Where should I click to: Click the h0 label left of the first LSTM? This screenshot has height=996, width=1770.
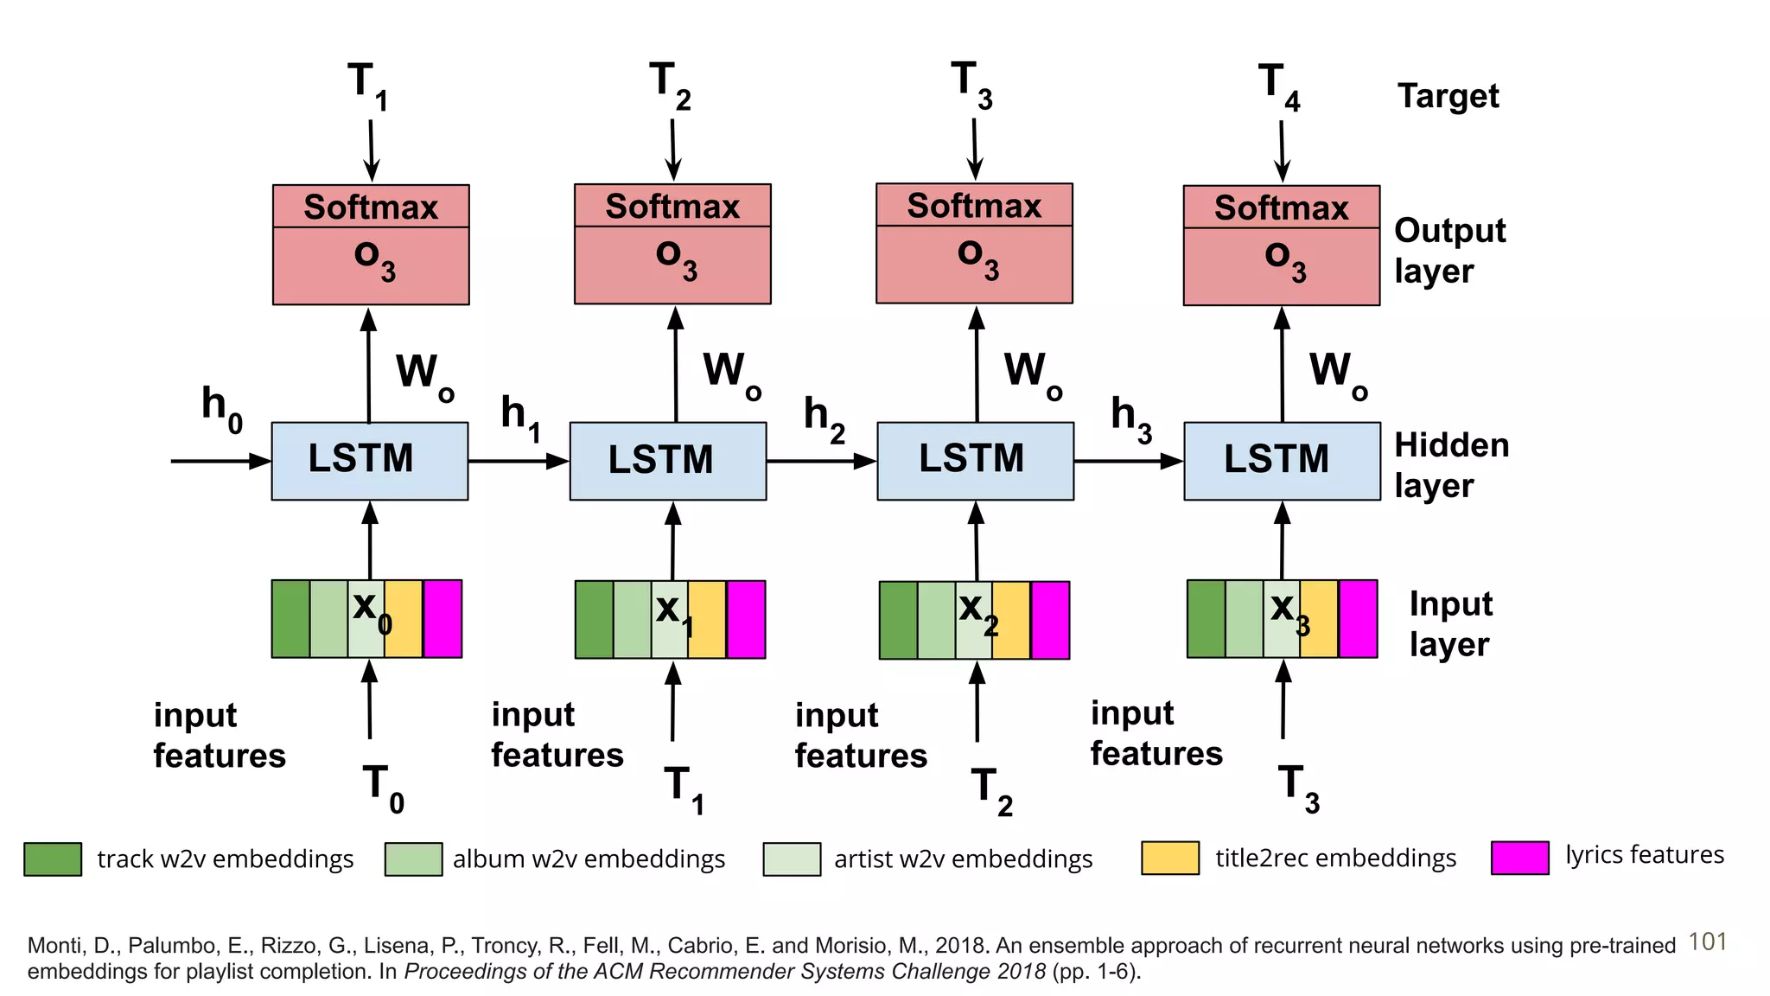click(221, 409)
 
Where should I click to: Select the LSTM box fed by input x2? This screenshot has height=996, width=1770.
click(975, 460)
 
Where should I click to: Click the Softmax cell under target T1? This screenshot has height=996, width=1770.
click(371, 207)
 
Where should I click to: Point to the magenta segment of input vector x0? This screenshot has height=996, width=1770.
click(442, 619)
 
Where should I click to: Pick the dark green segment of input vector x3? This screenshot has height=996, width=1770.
click(1206, 619)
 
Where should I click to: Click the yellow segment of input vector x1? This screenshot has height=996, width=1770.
click(707, 620)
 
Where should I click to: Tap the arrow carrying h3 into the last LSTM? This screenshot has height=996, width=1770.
click(1128, 461)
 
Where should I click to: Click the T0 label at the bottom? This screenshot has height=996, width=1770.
click(382, 788)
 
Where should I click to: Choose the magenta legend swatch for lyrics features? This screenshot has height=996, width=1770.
click(1519, 858)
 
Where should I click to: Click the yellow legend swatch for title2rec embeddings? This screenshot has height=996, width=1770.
click(1169, 858)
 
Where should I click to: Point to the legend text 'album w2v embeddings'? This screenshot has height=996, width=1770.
click(589, 859)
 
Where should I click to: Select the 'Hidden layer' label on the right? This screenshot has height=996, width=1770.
click(1450, 465)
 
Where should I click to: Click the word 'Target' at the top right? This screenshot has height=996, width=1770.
click(1448, 96)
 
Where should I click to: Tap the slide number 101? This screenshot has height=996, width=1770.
click(1707, 942)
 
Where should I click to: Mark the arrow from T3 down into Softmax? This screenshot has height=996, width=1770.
click(975, 149)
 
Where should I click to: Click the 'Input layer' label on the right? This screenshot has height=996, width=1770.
click(1449, 623)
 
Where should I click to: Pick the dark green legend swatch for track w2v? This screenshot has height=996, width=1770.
click(53, 859)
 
